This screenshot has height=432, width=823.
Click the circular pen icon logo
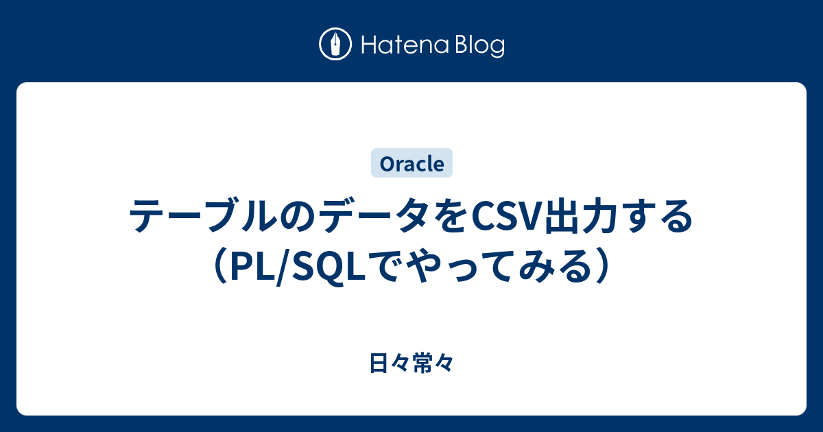(x=335, y=44)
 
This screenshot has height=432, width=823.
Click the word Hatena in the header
(x=405, y=45)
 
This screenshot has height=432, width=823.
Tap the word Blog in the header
(x=480, y=46)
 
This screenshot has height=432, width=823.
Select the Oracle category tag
(x=411, y=163)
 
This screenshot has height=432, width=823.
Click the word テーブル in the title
(x=204, y=215)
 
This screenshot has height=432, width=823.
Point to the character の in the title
(x=297, y=216)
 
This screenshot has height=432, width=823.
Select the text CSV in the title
(x=506, y=216)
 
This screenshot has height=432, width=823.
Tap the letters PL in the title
(x=254, y=266)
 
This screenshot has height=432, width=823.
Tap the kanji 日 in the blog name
(x=379, y=363)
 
